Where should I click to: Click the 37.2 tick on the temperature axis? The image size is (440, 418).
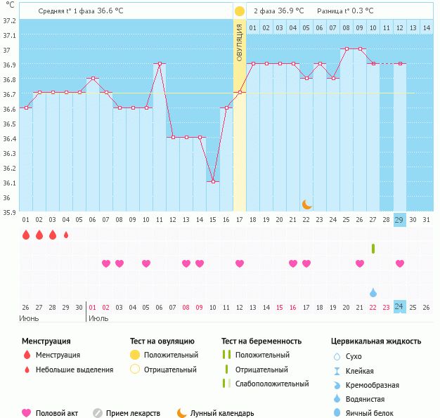point(8,21)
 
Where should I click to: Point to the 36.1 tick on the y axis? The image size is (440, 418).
point(8,183)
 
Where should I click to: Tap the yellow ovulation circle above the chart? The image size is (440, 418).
point(240,11)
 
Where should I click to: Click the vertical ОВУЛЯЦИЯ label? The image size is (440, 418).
point(240,42)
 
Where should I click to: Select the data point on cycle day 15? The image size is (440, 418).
point(213,181)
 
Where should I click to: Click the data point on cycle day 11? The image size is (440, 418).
point(160,63)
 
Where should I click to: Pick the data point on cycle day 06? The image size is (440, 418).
point(93,78)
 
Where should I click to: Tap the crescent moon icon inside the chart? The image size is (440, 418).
point(307,204)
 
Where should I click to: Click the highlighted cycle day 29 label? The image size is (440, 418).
point(400,220)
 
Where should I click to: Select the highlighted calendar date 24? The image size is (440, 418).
point(399,306)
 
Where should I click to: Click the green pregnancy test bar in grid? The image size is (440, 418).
point(373,248)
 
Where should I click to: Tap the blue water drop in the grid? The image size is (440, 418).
point(373,292)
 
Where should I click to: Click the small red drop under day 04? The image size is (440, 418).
point(66,235)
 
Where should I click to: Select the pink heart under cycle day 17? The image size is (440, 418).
point(240,263)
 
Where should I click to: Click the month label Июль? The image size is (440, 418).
point(98,318)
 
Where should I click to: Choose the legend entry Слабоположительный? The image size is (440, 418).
point(272,384)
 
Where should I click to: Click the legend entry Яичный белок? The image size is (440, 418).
point(374,414)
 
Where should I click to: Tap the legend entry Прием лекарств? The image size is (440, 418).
point(133,414)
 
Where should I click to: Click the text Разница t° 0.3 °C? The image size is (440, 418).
point(345,11)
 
